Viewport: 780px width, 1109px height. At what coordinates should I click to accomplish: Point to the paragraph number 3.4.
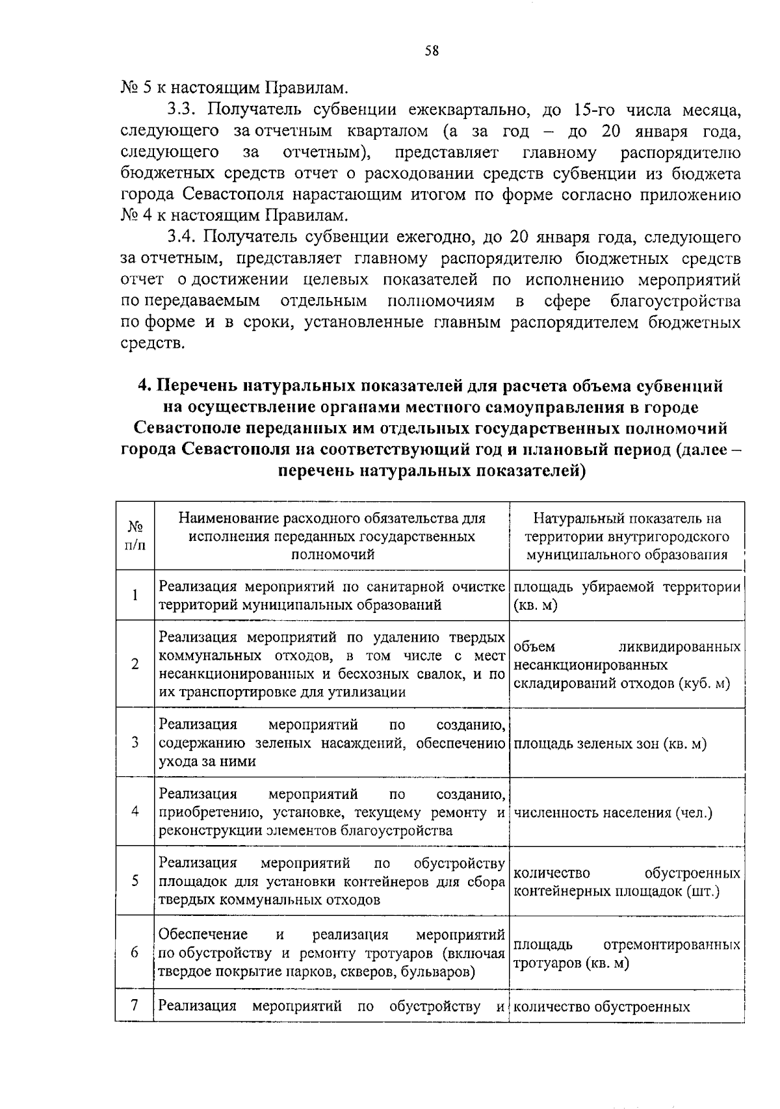[x=181, y=237]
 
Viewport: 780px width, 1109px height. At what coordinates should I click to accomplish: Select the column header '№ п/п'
[x=135, y=536]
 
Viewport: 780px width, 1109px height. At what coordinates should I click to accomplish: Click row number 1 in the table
[x=135, y=595]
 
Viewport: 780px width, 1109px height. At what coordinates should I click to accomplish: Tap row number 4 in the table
[x=135, y=811]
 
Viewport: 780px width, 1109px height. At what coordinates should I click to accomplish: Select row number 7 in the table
[x=135, y=1006]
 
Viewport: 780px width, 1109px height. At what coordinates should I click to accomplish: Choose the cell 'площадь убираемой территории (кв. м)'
[x=627, y=595]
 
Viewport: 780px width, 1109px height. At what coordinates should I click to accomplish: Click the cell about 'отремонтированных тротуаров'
[x=627, y=954]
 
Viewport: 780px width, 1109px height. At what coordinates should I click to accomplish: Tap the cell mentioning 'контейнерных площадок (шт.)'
[x=627, y=881]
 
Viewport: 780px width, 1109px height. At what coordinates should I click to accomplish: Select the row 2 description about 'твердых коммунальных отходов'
[x=331, y=664]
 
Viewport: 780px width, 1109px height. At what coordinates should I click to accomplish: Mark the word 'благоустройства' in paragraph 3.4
[x=675, y=302]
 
